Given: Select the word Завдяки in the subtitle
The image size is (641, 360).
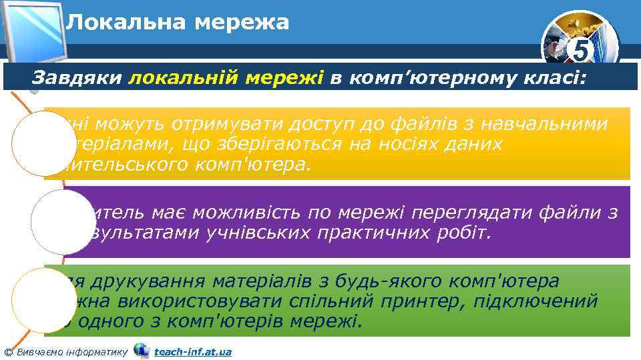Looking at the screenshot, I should tap(77, 79).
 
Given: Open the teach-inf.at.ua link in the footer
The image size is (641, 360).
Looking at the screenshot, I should tap(192, 351).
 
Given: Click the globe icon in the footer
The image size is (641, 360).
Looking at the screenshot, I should tap(141, 350).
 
